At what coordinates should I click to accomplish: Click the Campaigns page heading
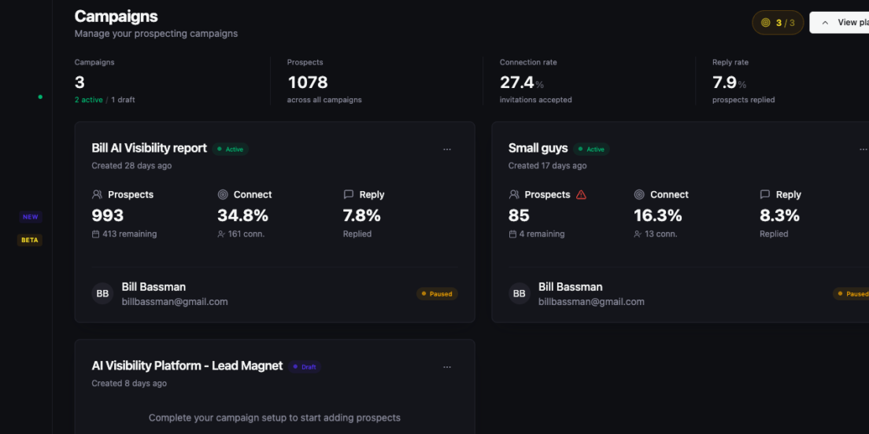pos(116,16)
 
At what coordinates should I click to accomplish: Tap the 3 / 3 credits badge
pos(778,23)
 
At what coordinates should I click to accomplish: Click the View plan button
pos(840,23)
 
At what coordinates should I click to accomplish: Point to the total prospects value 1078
pos(308,83)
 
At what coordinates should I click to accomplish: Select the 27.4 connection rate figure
pos(517,83)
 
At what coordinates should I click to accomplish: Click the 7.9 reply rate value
pos(724,83)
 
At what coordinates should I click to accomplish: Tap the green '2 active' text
pos(89,100)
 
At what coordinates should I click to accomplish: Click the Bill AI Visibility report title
pos(149,148)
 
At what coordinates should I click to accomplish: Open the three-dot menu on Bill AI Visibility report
pos(447,149)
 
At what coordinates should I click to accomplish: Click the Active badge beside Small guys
pos(591,149)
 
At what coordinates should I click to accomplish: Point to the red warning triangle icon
pos(581,194)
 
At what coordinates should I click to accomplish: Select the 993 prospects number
pos(108,215)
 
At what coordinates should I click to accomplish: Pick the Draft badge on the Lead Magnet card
pos(305,366)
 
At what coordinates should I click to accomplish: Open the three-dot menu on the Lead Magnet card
pos(447,367)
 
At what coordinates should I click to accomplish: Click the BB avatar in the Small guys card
pos(520,293)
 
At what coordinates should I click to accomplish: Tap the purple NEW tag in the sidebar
pos(31,217)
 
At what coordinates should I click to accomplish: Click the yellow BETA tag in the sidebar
pos(30,241)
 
